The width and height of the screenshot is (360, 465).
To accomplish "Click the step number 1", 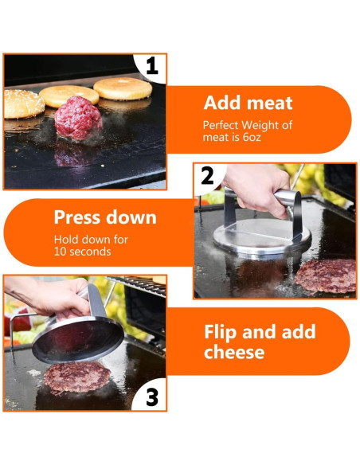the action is pos(152,66).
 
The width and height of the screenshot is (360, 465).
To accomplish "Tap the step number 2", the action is pos(207,175).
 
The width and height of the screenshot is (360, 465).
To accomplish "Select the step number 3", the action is pos(152,397).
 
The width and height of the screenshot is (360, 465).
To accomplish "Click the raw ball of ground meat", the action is pos(78,118).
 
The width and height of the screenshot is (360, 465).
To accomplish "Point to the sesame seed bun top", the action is pos(24,104).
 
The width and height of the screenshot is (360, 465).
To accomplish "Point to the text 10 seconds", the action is pos(83,252).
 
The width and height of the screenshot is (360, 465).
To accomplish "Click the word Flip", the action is pos(221,332).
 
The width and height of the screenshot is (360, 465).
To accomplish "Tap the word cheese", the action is pos(234,352).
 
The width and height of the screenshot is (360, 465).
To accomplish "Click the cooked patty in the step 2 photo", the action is pos(326,275).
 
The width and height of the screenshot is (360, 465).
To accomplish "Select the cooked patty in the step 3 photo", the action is pos(76,377).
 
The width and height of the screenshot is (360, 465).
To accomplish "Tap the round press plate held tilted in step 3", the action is pos(78,340).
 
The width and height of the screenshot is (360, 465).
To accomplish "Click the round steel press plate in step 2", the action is pos(262,236).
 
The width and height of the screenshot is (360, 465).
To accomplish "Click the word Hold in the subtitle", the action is pos(66,240).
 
